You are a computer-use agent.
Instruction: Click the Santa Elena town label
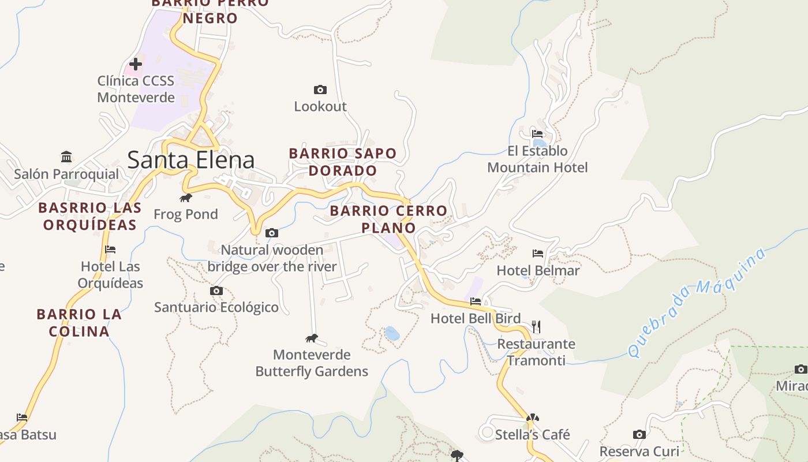(x=190, y=160)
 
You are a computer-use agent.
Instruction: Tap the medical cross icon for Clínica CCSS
(x=136, y=64)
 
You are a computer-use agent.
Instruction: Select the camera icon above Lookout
(x=320, y=90)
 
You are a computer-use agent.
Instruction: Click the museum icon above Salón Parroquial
(x=66, y=157)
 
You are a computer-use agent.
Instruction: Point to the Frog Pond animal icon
(x=185, y=198)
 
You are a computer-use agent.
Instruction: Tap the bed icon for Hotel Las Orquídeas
(x=110, y=249)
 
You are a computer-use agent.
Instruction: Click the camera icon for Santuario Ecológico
(x=216, y=290)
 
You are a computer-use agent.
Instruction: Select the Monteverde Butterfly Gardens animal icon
(x=312, y=338)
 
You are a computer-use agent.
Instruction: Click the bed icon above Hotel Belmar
(x=538, y=253)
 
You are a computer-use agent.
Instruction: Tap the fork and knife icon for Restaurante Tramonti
(x=536, y=327)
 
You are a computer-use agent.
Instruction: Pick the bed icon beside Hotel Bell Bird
(x=476, y=301)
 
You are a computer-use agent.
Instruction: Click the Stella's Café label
(x=532, y=434)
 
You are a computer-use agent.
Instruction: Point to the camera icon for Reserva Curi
(x=639, y=434)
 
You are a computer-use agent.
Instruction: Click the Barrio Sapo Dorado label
(x=343, y=162)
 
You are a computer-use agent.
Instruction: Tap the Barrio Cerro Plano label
(x=388, y=219)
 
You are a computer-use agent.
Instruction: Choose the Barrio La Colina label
(x=79, y=323)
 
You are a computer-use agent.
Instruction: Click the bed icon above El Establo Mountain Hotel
(x=537, y=134)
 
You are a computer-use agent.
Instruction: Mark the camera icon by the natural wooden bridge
(x=271, y=233)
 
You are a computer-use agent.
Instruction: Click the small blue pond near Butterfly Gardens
(x=392, y=333)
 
